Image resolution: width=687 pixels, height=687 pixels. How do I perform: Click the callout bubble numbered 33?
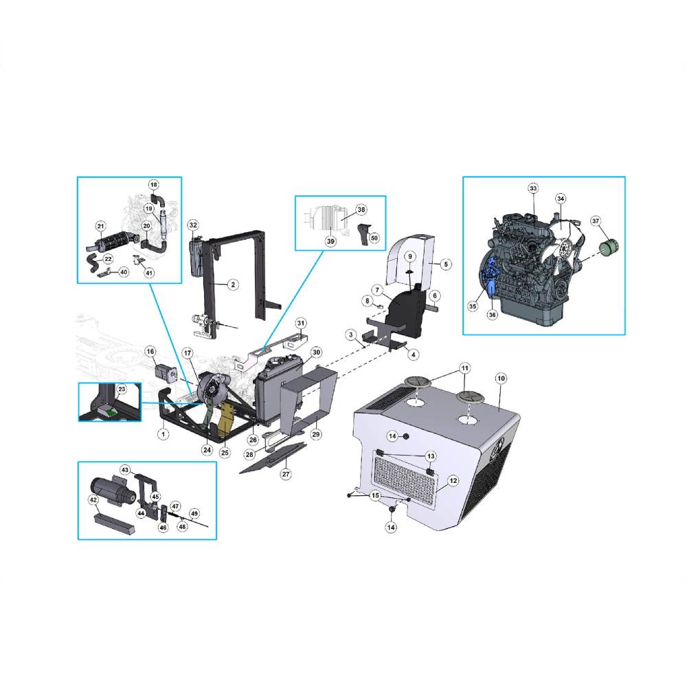[533, 189]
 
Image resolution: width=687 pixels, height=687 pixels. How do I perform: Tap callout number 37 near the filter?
[596, 221]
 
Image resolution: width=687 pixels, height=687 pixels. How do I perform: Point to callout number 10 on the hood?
[501, 378]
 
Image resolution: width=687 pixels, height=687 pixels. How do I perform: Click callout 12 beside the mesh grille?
[453, 481]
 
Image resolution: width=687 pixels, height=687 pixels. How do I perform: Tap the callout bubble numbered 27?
[286, 474]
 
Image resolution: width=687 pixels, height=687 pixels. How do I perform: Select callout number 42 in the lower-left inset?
[93, 500]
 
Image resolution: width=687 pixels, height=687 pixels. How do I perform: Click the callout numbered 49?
[194, 513]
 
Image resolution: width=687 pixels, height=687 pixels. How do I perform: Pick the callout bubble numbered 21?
[101, 226]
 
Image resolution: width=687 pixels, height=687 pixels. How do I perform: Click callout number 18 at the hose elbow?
[153, 185]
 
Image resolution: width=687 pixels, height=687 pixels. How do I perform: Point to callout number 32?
[193, 225]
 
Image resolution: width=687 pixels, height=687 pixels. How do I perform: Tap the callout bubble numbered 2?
[233, 284]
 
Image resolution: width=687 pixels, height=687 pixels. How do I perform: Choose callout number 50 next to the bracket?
[374, 238]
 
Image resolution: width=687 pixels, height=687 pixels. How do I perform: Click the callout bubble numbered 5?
[446, 264]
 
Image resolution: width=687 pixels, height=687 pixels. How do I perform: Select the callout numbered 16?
[150, 351]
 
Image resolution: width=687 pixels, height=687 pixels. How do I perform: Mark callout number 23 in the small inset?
[122, 389]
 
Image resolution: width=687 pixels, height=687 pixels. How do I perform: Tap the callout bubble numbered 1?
[163, 434]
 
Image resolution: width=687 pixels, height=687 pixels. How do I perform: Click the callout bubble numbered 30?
[316, 352]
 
